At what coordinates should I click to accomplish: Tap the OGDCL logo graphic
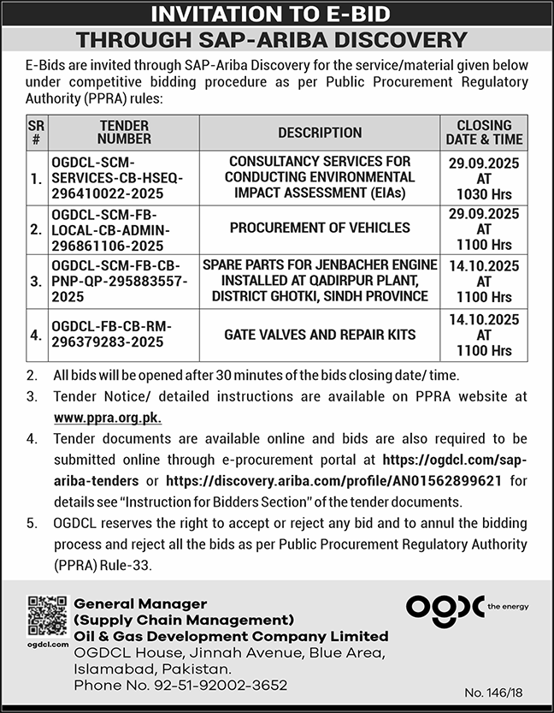point(445,607)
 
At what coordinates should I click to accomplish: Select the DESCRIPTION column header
point(320,133)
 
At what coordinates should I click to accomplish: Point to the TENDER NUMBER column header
point(124,132)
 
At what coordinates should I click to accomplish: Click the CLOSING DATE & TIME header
point(484,132)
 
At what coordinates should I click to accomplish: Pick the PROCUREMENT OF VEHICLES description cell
point(320,229)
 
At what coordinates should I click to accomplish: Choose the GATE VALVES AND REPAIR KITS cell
point(320,334)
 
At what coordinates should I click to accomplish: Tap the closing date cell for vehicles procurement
point(484,229)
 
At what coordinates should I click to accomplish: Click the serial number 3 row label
point(35,281)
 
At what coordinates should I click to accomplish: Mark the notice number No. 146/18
point(510,690)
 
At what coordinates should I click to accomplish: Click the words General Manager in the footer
point(140,604)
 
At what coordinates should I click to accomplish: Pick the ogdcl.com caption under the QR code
point(47,644)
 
